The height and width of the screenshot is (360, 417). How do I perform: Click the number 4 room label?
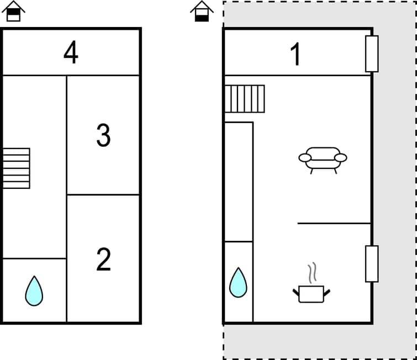point(71,53)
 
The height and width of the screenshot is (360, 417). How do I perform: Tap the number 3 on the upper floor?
point(103,135)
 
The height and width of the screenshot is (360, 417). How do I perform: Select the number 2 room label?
point(103,260)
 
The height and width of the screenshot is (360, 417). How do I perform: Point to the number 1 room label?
point(296,54)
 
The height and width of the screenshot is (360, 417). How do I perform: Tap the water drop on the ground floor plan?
point(238,282)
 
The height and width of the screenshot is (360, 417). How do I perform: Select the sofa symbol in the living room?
point(323,159)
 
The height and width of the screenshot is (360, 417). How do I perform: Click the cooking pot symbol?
point(311,293)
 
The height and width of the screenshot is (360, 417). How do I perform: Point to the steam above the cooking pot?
point(313,272)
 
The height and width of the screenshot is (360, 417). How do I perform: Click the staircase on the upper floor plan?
point(16,168)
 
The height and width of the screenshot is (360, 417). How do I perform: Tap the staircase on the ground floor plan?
point(245,98)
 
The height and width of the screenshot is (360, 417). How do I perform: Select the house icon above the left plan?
point(14,11)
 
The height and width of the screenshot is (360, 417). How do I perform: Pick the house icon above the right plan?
point(202,11)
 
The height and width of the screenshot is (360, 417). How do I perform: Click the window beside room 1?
point(372,54)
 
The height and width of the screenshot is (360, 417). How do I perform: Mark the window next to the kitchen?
point(372,263)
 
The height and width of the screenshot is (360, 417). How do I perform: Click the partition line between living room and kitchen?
point(334,223)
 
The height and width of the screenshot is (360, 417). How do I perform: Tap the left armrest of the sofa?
point(305,158)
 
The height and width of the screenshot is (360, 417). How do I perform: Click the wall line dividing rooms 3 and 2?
point(103,194)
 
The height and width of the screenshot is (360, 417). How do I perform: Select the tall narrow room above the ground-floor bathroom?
point(239,181)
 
